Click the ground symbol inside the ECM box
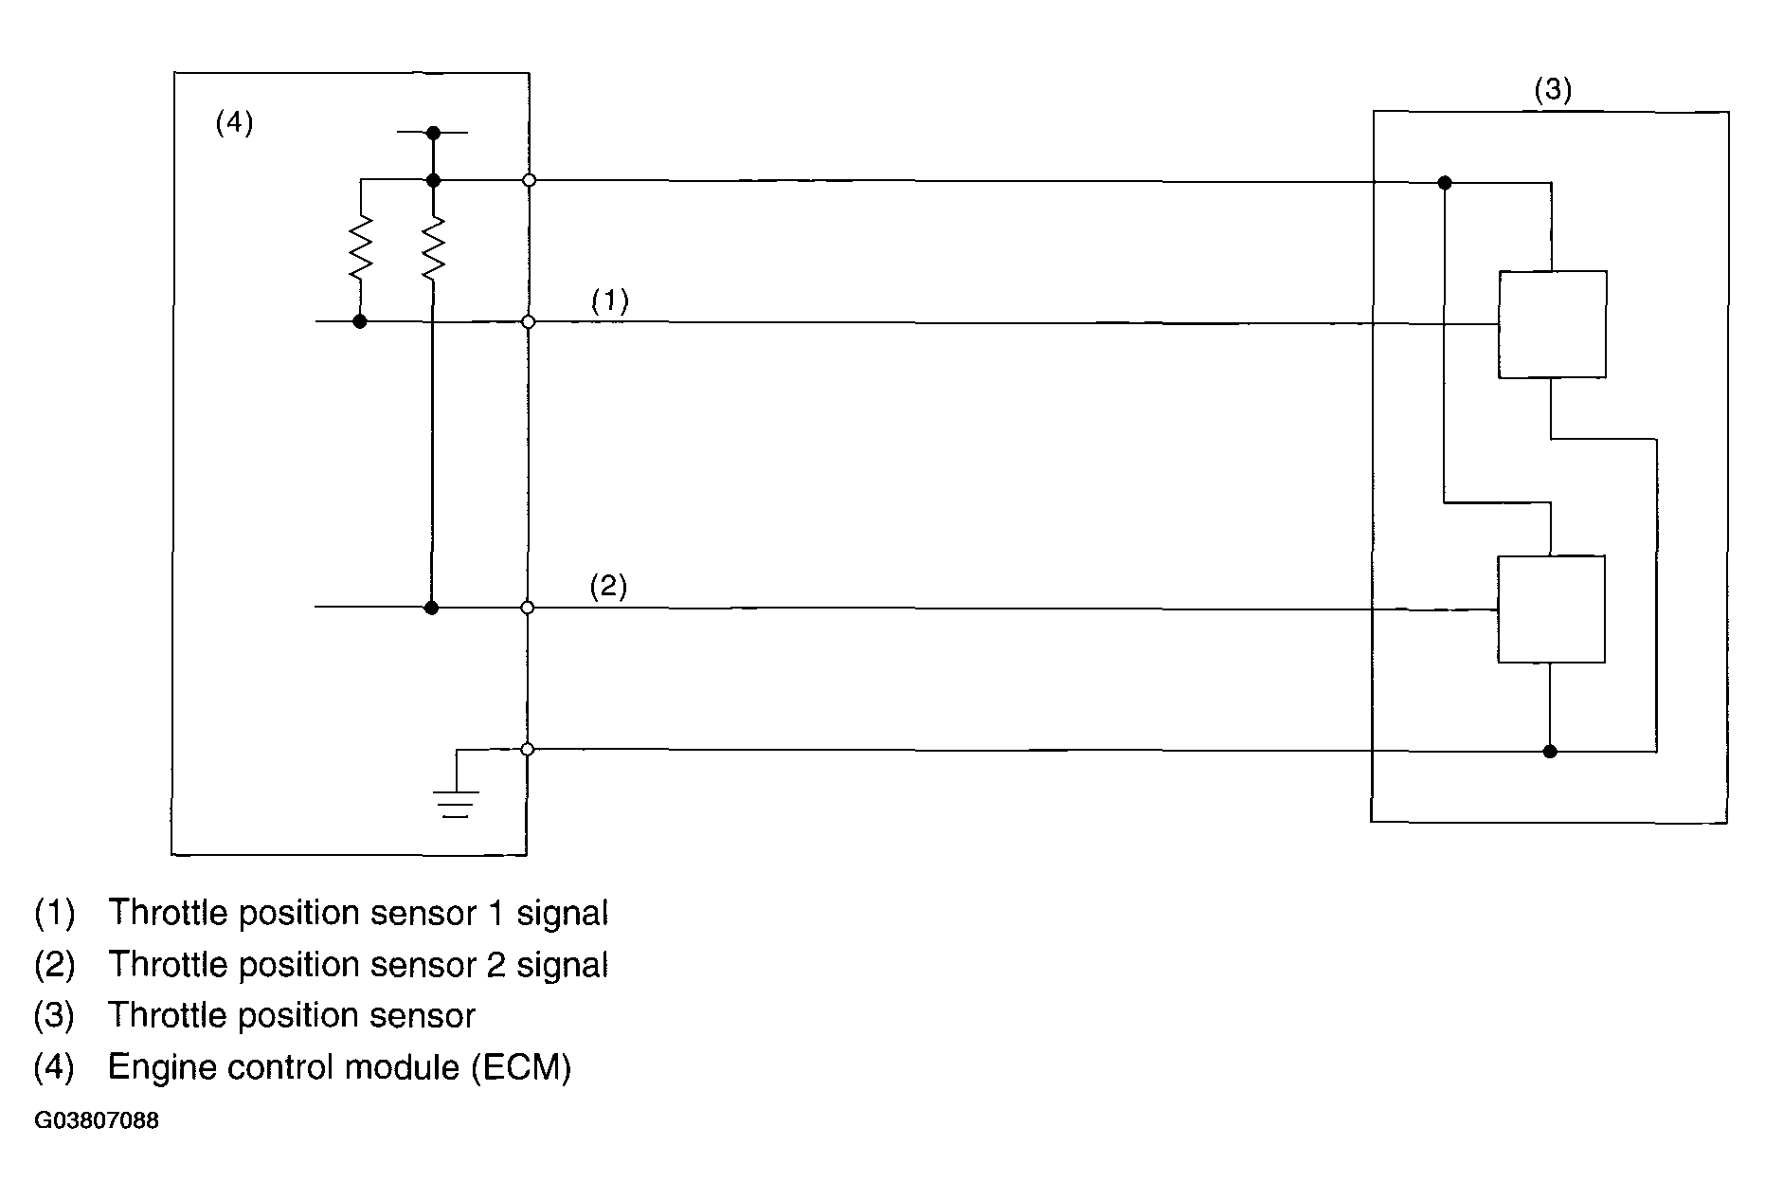pyautogui.click(x=456, y=802)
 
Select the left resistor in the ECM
pyautogui.click(x=361, y=247)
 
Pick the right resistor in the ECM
pyautogui.click(x=433, y=247)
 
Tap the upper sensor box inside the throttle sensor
pyautogui.click(x=1552, y=324)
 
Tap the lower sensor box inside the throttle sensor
pyautogui.click(x=1551, y=609)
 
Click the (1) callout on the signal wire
pyautogui.click(x=610, y=301)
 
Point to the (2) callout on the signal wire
pyautogui.click(x=608, y=587)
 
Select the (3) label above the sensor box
pyautogui.click(x=1553, y=90)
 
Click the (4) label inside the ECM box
pyautogui.click(x=234, y=123)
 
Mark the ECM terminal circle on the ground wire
pyautogui.click(x=528, y=750)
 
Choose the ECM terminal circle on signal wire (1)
pyautogui.click(x=529, y=322)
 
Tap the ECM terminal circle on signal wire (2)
pyautogui.click(x=528, y=608)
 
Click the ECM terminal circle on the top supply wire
pyautogui.click(x=529, y=180)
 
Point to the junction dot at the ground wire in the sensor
pyautogui.click(x=1550, y=752)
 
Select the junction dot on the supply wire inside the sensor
pyautogui.click(x=1445, y=182)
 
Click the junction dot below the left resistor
pyautogui.click(x=360, y=322)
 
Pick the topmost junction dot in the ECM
pyautogui.click(x=433, y=132)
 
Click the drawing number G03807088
pyautogui.click(x=97, y=1121)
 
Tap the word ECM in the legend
pyautogui.click(x=521, y=1067)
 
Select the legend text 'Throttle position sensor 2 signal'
pyautogui.click(x=358, y=965)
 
